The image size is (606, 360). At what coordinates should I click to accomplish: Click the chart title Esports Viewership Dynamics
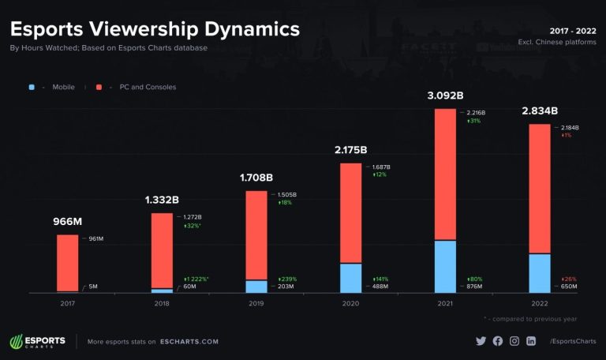click(155, 29)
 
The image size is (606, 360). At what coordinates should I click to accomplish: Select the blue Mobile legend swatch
click(32, 87)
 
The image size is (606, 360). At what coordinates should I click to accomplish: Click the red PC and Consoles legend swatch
click(99, 87)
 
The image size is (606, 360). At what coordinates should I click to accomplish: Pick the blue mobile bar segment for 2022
click(540, 272)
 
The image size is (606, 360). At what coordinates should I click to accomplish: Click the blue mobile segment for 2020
click(350, 277)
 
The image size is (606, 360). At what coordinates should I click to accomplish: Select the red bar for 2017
click(67, 263)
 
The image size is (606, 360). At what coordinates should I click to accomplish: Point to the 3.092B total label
click(445, 96)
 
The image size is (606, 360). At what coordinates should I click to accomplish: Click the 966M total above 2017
click(67, 222)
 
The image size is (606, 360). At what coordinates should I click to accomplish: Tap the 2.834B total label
click(540, 111)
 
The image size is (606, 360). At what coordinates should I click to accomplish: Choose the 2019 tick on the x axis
click(256, 302)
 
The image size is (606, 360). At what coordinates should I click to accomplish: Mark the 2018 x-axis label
click(161, 302)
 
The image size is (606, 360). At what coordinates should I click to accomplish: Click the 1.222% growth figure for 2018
click(197, 279)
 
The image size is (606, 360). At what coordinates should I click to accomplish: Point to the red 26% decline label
click(569, 279)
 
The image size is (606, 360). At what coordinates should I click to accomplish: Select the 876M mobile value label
click(475, 287)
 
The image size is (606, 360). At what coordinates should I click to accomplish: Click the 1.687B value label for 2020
click(380, 167)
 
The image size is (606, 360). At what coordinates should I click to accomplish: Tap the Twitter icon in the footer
click(481, 341)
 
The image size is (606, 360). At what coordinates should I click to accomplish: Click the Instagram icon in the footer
click(514, 341)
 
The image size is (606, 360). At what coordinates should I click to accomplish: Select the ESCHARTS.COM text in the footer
click(189, 342)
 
